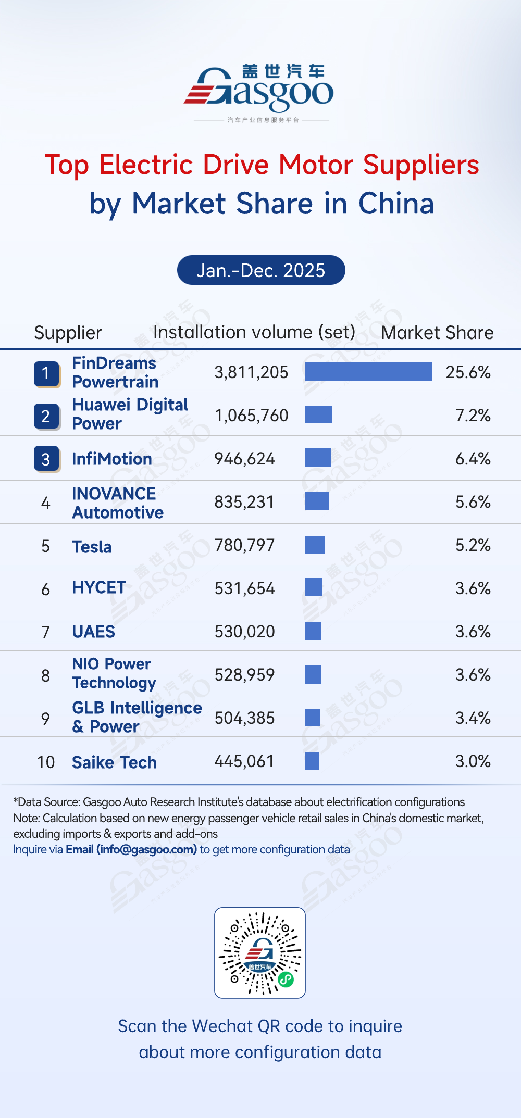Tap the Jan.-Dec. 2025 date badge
261,270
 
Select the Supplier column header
68,333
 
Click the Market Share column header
437,333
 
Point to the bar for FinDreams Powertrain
368,372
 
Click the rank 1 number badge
46,373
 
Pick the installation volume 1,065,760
251,416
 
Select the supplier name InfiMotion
112,459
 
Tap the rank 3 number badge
46,459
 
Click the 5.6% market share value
473,502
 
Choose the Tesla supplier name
92,547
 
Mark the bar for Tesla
315,545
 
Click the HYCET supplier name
99,588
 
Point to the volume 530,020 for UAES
245,632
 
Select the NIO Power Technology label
114,673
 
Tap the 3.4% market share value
473,718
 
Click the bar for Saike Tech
312,761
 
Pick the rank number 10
46,762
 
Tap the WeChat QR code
260,952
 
